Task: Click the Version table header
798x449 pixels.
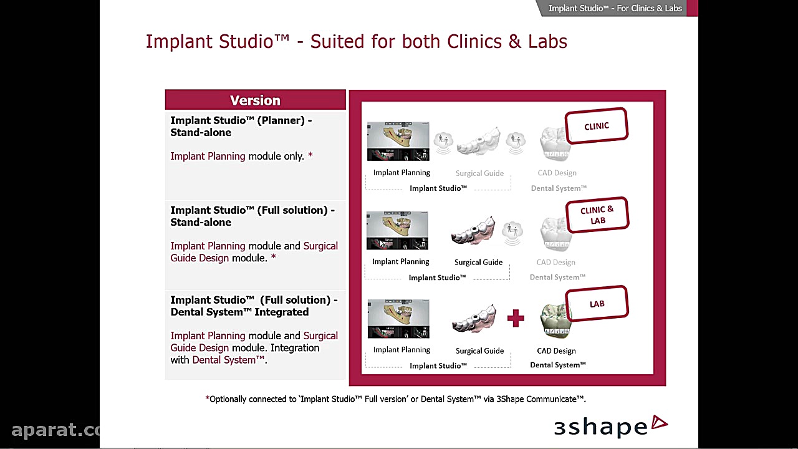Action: (255, 100)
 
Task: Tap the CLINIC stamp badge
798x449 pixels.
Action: (597, 126)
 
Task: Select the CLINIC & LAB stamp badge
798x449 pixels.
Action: (597, 215)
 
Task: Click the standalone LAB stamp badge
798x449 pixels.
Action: (597, 304)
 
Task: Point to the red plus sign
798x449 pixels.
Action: (516, 318)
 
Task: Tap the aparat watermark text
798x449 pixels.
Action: (55, 430)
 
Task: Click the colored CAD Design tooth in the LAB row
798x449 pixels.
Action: (555, 321)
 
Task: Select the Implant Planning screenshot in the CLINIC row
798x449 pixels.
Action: (398, 141)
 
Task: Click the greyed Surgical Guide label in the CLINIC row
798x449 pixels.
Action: (479, 173)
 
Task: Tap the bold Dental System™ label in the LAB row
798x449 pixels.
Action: (558, 365)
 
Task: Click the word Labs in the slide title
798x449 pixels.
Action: (547, 41)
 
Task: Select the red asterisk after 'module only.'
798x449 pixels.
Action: (310, 155)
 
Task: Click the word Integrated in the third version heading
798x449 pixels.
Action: (281, 312)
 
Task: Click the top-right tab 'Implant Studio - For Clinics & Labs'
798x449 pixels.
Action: (615, 8)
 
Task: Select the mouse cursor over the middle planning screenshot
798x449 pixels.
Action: (382, 243)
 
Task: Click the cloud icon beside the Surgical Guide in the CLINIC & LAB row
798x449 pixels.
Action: (512, 233)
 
